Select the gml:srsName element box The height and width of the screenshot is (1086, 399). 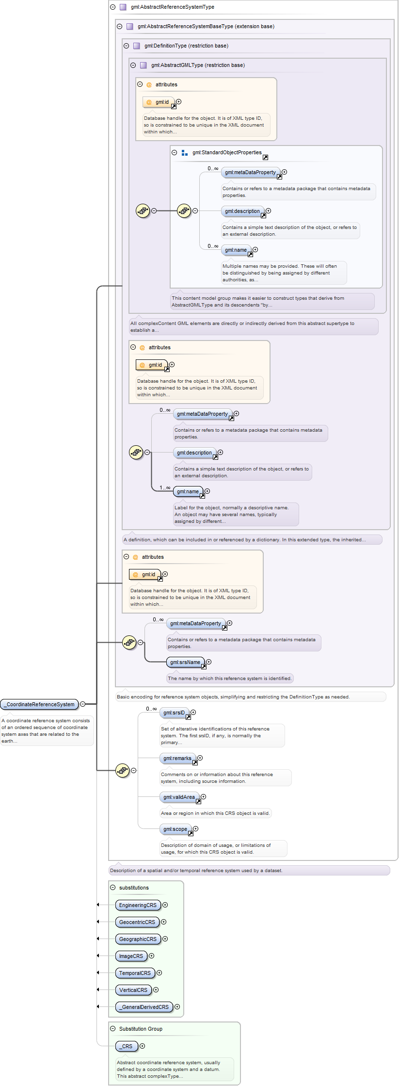[x=185, y=662]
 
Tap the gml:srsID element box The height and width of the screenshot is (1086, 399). [x=174, y=713]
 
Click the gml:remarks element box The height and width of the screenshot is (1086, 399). [x=177, y=758]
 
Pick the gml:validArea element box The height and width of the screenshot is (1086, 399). [x=179, y=797]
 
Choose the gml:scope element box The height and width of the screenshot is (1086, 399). [x=176, y=829]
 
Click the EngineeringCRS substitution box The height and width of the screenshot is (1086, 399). [x=138, y=905]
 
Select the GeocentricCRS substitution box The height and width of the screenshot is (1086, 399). [x=137, y=922]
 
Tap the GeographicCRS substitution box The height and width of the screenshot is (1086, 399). [x=138, y=939]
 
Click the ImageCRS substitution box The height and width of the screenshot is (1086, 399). [x=131, y=956]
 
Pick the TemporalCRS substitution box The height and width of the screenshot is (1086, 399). [x=135, y=973]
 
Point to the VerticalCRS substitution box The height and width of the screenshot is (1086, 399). [x=133, y=990]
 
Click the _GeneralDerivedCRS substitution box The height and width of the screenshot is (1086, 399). [x=144, y=1007]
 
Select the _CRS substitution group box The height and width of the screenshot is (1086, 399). [x=127, y=1046]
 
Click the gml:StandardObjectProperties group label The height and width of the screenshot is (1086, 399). [x=227, y=152]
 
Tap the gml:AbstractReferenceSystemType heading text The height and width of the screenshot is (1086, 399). [x=173, y=7]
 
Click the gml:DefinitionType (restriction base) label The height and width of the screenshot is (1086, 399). [x=186, y=46]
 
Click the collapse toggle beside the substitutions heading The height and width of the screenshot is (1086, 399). [x=113, y=888]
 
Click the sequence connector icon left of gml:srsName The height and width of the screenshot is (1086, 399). [x=129, y=643]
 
